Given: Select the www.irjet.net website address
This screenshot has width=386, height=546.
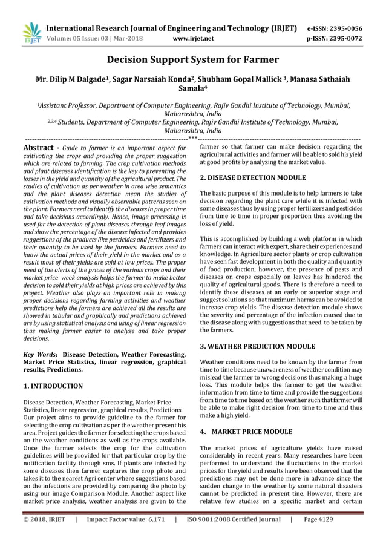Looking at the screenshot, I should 193,39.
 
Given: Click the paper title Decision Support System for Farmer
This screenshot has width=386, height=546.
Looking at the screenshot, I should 193,59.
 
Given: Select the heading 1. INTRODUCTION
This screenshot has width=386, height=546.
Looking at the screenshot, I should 53,386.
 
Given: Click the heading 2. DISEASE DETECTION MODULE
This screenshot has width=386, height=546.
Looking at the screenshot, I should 253,178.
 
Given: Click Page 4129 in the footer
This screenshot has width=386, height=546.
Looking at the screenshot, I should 332,519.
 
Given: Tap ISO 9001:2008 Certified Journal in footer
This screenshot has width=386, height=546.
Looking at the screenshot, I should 232,519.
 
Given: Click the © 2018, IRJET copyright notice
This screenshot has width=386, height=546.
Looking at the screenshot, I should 45,519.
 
